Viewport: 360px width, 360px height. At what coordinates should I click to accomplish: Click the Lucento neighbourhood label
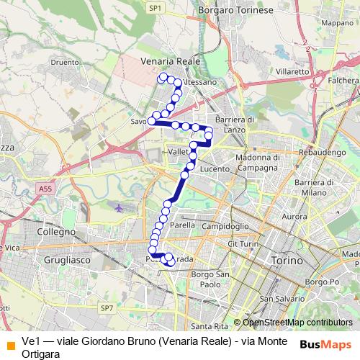point(214,169)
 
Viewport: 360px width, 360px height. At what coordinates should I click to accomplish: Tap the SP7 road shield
point(107,307)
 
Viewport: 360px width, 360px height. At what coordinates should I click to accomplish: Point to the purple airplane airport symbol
point(119,207)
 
